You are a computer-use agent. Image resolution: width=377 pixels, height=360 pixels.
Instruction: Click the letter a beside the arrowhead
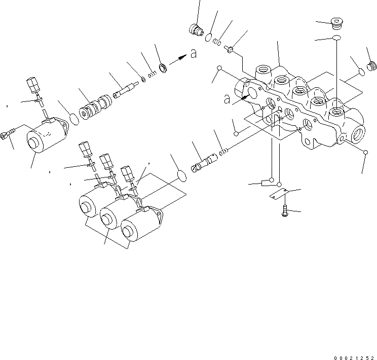click(x=193, y=54)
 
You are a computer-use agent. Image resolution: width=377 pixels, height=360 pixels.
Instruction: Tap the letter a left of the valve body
click(x=228, y=99)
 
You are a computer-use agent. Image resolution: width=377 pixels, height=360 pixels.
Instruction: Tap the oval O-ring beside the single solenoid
click(x=74, y=119)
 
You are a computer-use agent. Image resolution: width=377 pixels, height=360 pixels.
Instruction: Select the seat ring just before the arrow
click(x=163, y=67)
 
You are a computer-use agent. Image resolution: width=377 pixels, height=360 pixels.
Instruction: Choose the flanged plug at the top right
click(x=335, y=22)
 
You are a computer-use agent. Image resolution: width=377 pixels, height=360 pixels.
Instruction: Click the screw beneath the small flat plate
click(x=285, y=210)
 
